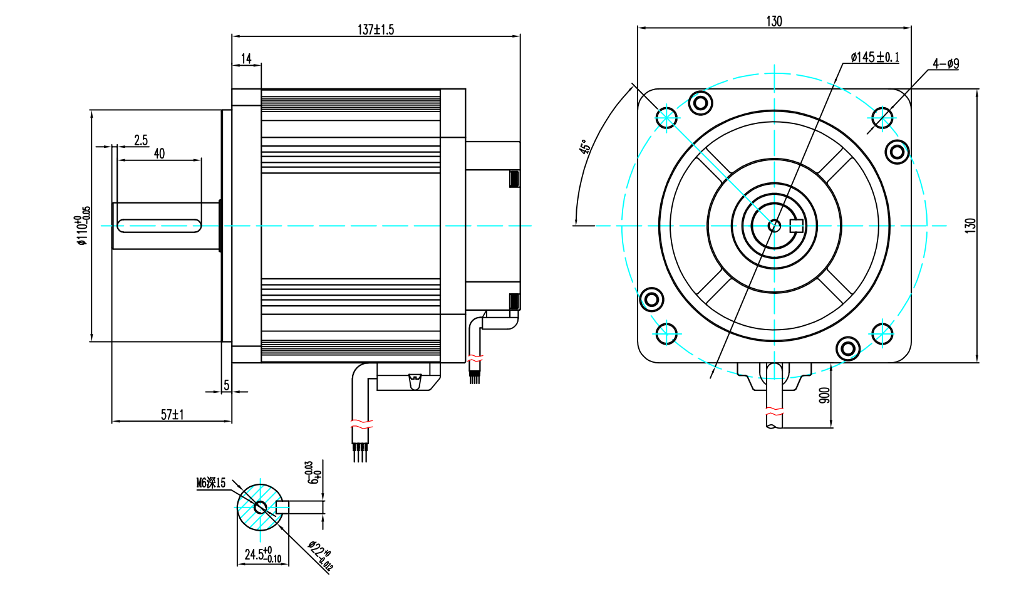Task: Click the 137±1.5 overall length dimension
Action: [376, 29]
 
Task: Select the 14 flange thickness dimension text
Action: [246, 58]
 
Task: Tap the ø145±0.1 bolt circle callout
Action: [874, 58]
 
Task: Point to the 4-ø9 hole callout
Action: [945, 64]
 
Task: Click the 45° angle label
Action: [584, 147]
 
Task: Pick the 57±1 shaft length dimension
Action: [172, 415]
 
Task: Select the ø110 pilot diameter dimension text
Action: [82, 226]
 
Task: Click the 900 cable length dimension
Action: [824, 395]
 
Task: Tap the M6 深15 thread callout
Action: [211, 483]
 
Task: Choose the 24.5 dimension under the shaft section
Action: [262, 555]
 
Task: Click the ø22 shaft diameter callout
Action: [320, 555]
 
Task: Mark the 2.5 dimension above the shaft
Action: [141, 140]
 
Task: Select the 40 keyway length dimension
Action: [159, 154]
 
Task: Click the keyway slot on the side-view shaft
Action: [159, 226]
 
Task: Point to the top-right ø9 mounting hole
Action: [882, 117]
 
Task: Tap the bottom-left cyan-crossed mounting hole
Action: [666, 333]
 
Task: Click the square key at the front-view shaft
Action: [796, 226]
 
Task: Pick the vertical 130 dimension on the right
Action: [970, 226]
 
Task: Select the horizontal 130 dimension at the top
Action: [774, 21]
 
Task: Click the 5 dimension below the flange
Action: [227, 385]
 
